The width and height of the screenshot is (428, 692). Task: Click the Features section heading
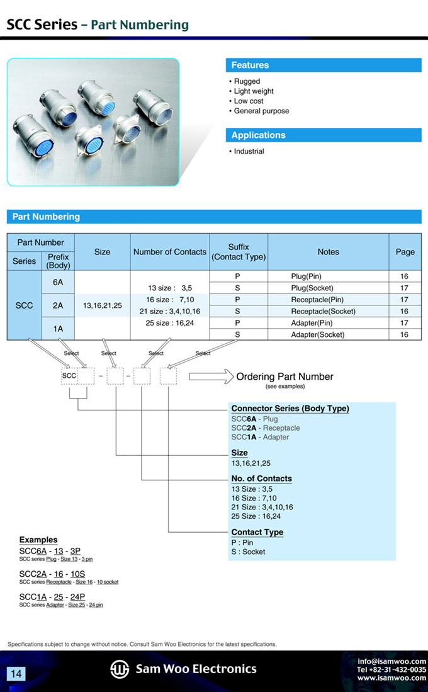coord(250,65)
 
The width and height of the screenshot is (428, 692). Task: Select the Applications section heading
coord(258,135)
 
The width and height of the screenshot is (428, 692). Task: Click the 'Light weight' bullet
coord(254,91)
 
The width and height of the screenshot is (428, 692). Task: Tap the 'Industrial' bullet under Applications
coord(249,151)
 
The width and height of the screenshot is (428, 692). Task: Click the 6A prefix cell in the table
coord(58,283)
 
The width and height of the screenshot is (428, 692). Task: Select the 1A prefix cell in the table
coord(58,329)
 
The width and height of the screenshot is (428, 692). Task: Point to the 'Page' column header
coord(405,252)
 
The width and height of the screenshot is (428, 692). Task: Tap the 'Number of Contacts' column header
coord(169,252)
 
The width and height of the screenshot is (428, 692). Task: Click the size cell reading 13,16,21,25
coord(102,305)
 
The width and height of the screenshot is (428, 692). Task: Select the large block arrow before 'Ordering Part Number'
coord(211,377)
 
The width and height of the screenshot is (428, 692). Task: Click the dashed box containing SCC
coord(69,376)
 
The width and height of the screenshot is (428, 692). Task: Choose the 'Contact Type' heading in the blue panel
coord(257,532)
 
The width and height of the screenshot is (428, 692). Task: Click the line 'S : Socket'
coord(248,552)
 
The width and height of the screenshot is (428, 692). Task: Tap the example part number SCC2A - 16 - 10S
coord(52,574)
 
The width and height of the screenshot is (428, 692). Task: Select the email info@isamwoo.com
coord(391,661)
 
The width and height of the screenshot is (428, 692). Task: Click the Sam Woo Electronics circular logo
coord(120,669)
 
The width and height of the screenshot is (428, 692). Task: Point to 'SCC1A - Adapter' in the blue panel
coord(260,437)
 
